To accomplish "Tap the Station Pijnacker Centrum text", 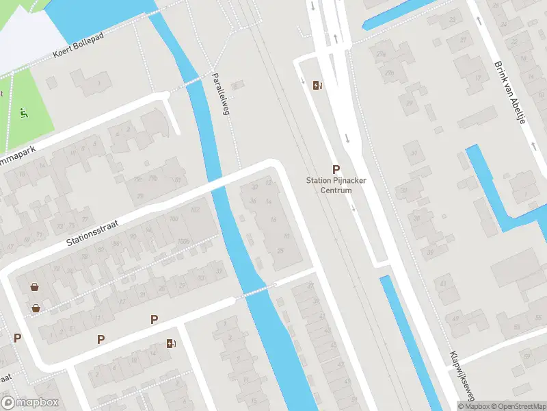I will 336,185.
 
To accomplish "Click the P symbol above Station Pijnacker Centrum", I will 336,169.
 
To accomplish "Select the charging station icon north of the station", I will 317,85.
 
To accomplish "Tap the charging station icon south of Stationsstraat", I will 170,343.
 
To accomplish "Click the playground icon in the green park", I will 25,112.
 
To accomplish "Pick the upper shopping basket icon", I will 34,287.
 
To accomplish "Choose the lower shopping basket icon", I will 36,308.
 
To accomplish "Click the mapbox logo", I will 30,403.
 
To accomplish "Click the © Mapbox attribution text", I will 472,406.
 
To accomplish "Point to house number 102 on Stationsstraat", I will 195,210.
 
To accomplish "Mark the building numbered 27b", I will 390,73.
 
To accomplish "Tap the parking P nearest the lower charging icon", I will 155,319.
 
